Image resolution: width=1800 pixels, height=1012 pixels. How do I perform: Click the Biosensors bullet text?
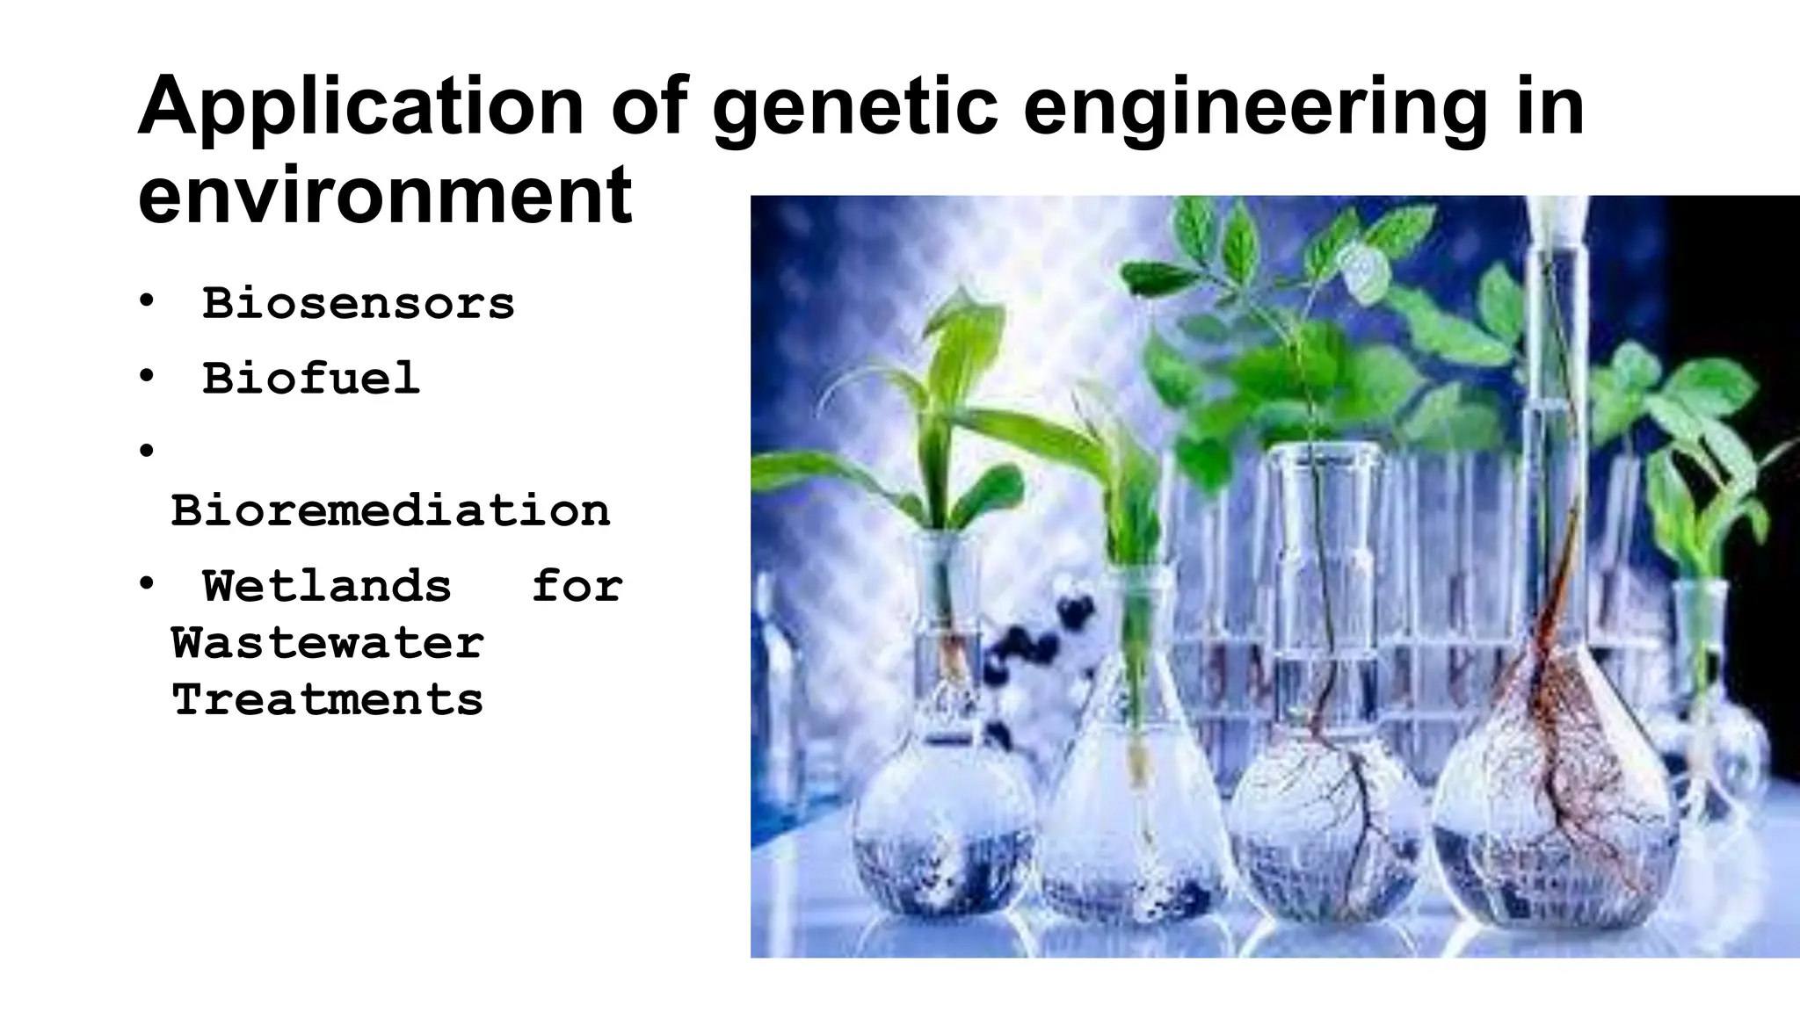pyautogui.click(x=359, y=304)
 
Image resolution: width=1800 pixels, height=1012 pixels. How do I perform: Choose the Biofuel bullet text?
pyautogui.click(x=311, y=379)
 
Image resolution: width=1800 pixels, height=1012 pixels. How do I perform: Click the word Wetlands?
pyautogui.click(x=327, y=586)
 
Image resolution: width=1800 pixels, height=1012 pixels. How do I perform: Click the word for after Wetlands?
pyautogui.click(x=577, y=586)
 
